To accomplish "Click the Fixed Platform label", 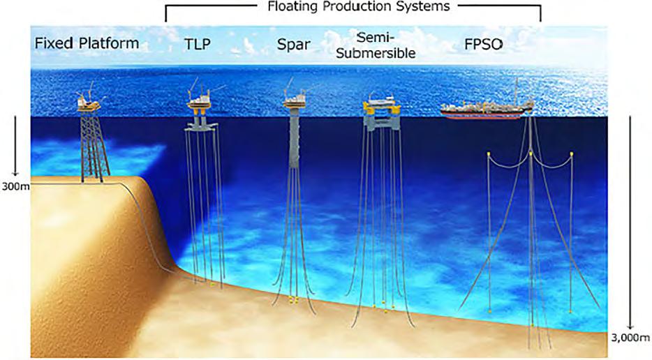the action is point(87,44).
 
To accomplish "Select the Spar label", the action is point(293,44).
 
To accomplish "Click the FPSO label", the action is point(485,44).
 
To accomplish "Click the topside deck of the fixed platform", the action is point(89,104).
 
